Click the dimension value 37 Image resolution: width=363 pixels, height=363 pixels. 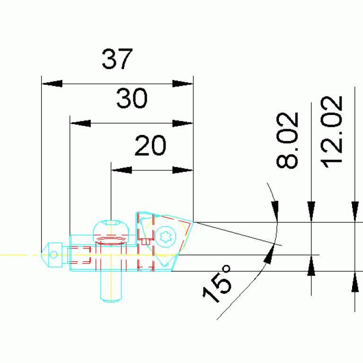click(x=117, y=59)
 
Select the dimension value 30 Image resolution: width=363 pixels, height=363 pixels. click(x=132, y=98)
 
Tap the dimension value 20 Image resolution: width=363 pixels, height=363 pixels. click(x=150, y=145)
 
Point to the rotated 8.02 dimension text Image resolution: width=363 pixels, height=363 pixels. click(x=287, y=140)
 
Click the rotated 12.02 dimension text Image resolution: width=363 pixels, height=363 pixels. click(x=331, y=132)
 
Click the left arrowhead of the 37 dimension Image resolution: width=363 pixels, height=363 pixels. click(x=52, y=84)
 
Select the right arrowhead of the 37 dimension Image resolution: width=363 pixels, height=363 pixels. click(x=183, y=84)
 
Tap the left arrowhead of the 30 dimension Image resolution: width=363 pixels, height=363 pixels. click(x=80, y=123)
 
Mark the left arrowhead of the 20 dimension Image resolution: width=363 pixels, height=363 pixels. click(x=122, y=170)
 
